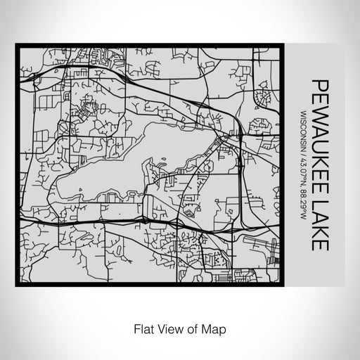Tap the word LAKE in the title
pos(320,226)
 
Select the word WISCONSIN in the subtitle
pos(303,129)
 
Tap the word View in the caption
pos(167,328)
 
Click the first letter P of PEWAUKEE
pos(320,85)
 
